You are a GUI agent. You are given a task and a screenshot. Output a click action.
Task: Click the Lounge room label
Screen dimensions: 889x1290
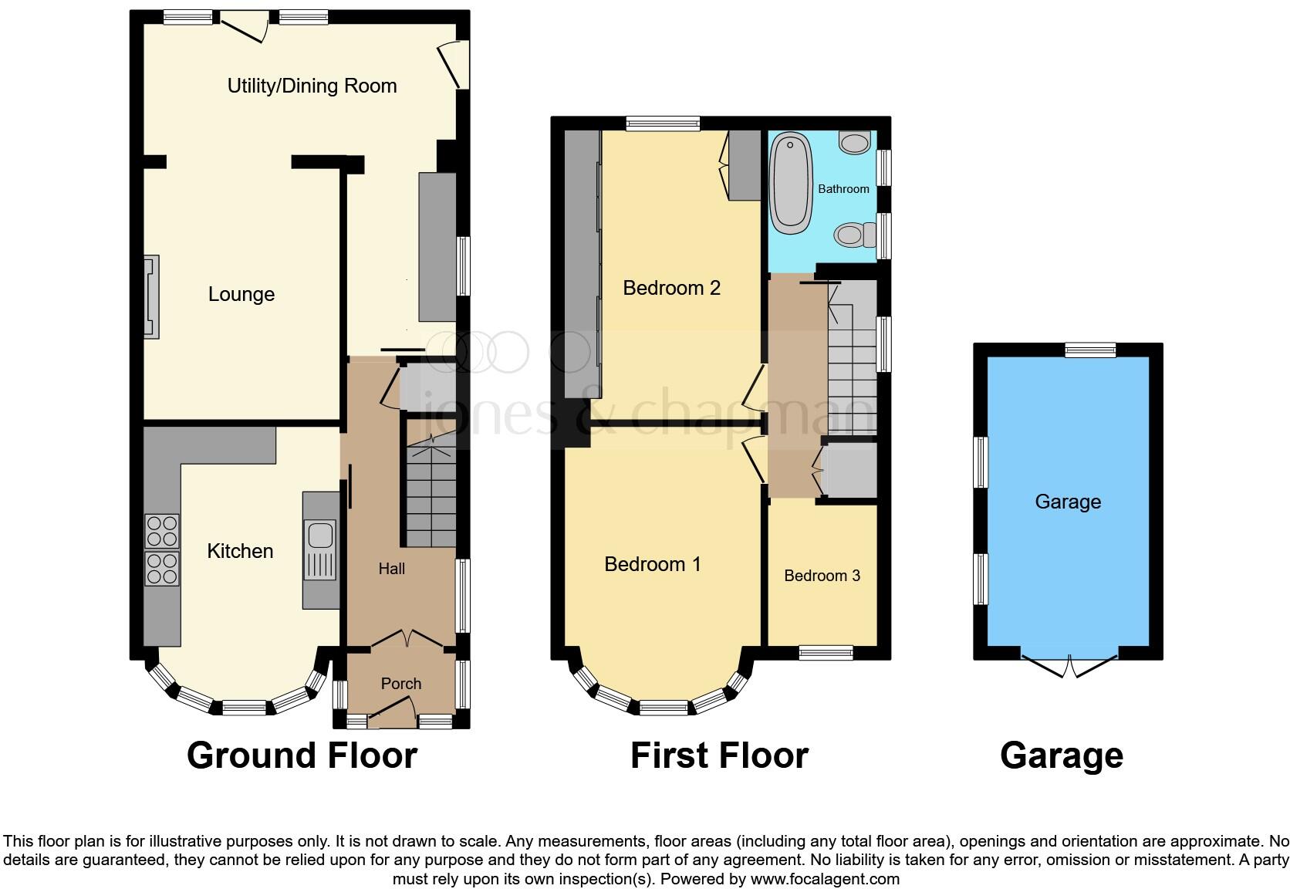pos(241,294)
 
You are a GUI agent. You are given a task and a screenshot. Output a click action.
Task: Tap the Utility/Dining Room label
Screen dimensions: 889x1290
pos(312,86)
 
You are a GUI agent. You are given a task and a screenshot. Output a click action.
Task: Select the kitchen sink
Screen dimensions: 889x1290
pos(319,536)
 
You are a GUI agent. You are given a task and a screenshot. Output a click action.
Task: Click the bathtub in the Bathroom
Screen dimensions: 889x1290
pos(792,183)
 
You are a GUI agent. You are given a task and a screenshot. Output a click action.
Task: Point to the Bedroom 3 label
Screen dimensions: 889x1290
pos(822,576)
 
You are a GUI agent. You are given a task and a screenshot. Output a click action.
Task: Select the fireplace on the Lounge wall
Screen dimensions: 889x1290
pos(151,297)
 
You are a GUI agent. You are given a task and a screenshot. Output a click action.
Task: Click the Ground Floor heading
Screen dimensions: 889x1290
pos(302,755)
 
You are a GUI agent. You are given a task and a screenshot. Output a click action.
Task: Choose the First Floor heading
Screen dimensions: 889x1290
pos(719,755)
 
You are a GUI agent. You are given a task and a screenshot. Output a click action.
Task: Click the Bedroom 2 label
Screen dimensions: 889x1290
pos(671,288)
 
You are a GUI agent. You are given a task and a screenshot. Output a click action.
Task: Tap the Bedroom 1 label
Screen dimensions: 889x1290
pos(653,564)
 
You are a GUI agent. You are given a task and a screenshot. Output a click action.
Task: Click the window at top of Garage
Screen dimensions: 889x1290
pos(1090,350)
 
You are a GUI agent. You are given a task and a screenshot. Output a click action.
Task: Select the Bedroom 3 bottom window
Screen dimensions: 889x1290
pos(826,653)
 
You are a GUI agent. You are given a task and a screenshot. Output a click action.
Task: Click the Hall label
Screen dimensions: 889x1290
pos(391,569)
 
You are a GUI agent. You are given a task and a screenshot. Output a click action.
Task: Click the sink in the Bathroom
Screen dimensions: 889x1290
pos(854,143)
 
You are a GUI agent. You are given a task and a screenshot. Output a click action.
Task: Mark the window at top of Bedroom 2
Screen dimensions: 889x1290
pos(663,123)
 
